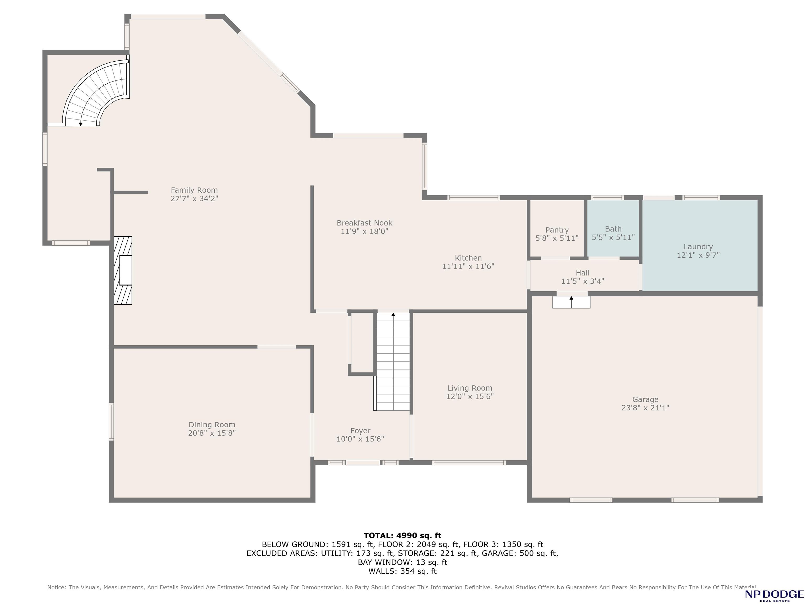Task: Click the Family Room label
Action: [194, 190]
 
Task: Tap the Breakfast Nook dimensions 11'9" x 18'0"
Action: [364, 231]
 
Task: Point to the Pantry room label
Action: [557, 230]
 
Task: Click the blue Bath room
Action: [613, 229]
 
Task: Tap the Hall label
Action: [583, 273]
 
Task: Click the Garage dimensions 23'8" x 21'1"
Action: [645, 408]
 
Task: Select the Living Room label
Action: [470, 388]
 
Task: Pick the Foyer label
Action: [360, 431]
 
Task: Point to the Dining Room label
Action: [212, 424]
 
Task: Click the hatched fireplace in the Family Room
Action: [123, 270]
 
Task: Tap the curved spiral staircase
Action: [97, 93]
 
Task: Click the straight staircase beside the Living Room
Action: [393, 362]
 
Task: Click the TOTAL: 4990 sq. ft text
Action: [402, 535]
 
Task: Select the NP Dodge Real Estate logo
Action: [774, 595]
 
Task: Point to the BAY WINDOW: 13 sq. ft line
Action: [402, 562]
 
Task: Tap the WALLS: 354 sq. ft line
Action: [402, 571]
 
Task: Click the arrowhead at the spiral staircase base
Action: [80, 124]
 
